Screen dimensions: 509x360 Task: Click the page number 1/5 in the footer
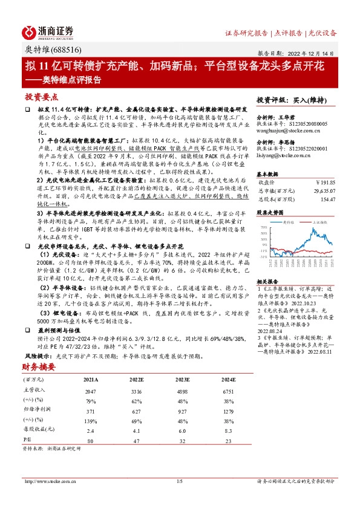coord(180,481)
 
